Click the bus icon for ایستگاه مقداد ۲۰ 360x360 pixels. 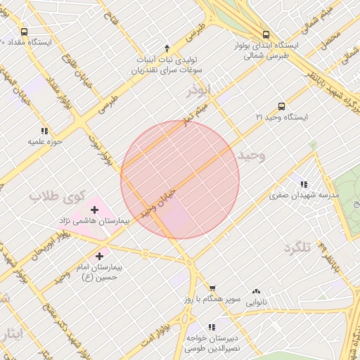[25, 32]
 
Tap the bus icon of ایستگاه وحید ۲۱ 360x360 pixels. [281, 106]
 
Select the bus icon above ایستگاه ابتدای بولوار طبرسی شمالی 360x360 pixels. [266, 34]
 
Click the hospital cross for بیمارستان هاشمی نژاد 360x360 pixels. [94, 210]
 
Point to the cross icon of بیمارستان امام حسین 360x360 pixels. [99, 257]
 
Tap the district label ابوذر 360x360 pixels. [198, 91]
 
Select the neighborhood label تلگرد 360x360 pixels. [296, 247]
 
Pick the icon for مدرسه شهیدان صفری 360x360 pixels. [303, 184]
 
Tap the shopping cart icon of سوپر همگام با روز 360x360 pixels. [212, 288]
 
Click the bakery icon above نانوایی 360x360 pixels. [256, 291]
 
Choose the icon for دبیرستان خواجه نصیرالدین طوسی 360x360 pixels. [212, 327]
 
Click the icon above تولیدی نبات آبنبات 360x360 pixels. [167, 48]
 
